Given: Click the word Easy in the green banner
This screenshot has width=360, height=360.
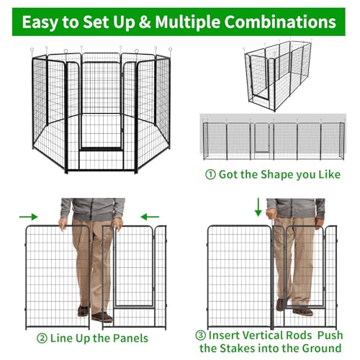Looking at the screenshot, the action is pos(40,22).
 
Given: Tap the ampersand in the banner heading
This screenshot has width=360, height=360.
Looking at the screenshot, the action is pos(145,22).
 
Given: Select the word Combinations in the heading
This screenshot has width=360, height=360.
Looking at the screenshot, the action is pos(280,22).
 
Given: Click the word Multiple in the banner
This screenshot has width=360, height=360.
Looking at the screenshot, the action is pos(187,22).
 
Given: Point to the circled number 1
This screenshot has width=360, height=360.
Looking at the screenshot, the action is pos(210,174).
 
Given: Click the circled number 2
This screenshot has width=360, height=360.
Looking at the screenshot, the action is pos(42,338).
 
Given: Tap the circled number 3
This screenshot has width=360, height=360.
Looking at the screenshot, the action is pos(200,336).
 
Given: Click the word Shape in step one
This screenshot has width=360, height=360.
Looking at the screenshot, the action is pos(277,175).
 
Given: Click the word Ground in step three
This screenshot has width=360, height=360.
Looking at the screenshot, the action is pos(322,348).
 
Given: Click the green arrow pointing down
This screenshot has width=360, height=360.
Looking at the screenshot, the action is pos(258,207).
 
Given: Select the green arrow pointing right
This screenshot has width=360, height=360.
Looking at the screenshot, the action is pos(29,217).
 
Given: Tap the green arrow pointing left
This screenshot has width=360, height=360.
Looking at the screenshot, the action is pos(150,217).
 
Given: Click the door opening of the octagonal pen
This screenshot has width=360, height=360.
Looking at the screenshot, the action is pos(101,106).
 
